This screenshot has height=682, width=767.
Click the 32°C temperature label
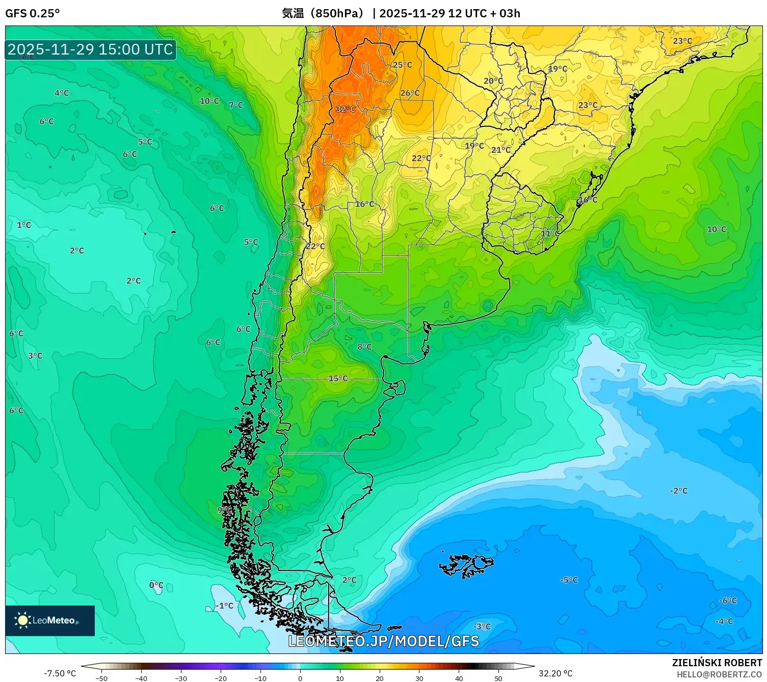pyautogui.click(x=346, y=109)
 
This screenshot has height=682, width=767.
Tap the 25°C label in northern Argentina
pyautogui.click(x=402, y=65)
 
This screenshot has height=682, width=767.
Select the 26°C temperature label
pyautogui.click(x=410, y=93)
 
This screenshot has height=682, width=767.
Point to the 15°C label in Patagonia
pyautogui.click(x=338, y=378)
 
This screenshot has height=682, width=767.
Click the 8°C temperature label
pyautogui.click(x=364, y=347)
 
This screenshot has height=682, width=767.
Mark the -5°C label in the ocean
pyautogui.click(x=569, y=580)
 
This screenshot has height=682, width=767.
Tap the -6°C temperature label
pyautogui.click(x=728, y=600)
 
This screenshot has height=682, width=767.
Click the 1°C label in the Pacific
pyautogui.click(x=24, y=225)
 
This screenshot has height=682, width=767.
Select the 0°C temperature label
pyautogui.click(x=156, y=585)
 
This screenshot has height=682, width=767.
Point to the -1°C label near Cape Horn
pyautogui.click(x=224, y=606)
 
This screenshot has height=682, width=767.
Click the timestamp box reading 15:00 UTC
pyautogui.click(x=91, y=49)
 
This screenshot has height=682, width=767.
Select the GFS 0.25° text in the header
pyautogui.click(x=32, y=13)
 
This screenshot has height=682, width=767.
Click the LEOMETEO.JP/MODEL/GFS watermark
pyautogui.click(x=383, y=641)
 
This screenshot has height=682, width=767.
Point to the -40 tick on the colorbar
pyautogui.click(x=141, y=678)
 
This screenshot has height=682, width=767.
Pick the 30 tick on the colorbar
pyautogui.click(x=419, y=678)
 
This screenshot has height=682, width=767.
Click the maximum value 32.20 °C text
pyautogui.click(x=556, y=673)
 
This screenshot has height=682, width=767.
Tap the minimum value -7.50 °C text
pyautogui.click(x=60, y=673)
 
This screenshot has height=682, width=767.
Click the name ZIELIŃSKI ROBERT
pyautogui.click(x=717, y=663)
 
